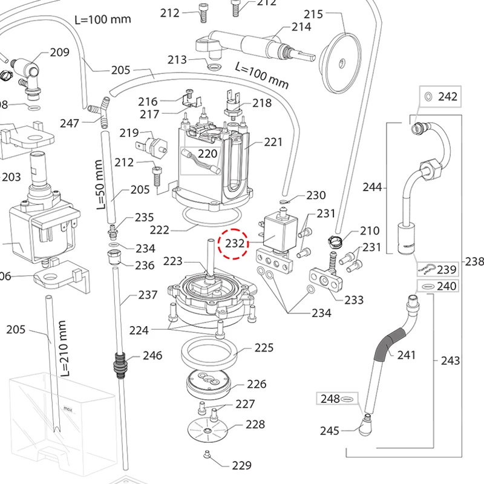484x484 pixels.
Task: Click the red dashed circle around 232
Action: click(234, 243)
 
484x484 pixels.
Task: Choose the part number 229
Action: click(241, 465)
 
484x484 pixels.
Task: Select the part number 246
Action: click(152, 355)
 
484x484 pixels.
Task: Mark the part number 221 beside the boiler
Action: click(273, 142)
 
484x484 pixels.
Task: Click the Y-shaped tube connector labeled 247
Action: click(97, 113)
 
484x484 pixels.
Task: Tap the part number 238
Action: click(474, 261)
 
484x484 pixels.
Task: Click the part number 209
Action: click(59, 53)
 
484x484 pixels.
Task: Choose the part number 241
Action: click(407, 355)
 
